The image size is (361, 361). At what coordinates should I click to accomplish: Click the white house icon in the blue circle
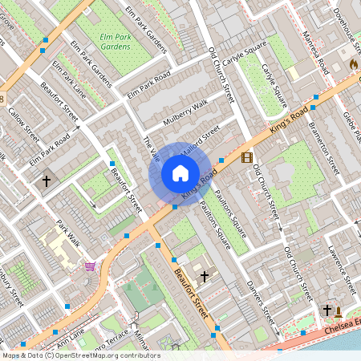pyautogui.click(x=180, y=172)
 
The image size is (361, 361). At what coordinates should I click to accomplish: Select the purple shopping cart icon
pyautogui.click(x=90, y=266)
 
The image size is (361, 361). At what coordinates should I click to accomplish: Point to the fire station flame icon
pyautogui.click(x=353, y=63)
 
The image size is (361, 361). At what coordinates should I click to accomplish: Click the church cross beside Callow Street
pyautogui.click(x=46, y=182)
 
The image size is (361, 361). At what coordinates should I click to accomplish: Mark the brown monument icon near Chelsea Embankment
pyautogui.click(x=338, y=310)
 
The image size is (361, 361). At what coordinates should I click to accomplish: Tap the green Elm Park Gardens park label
pyautogui.click(x=116, y=42)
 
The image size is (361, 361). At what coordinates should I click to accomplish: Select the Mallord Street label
pyautogui.click(x=201, y=137)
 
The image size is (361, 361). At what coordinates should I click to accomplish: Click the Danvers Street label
pyautogui.click(x=261, y=299)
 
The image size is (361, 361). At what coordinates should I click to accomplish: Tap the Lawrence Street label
pyautogui.click(x=341, y=269)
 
